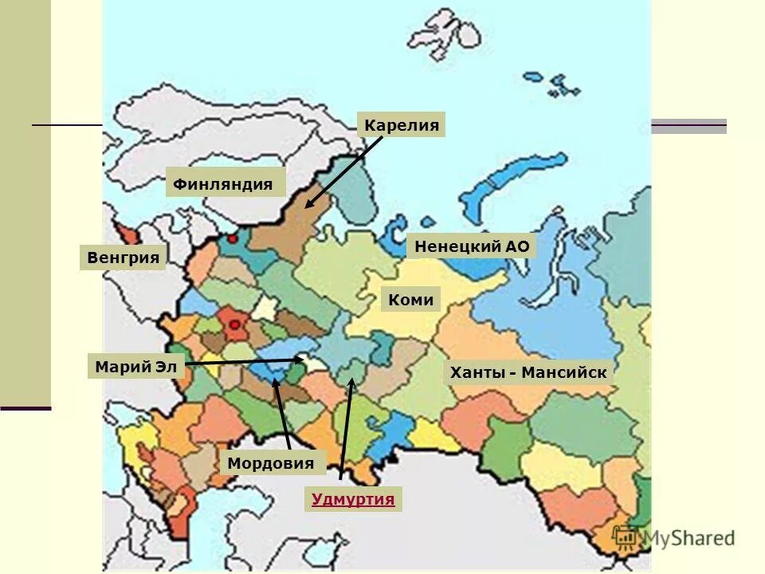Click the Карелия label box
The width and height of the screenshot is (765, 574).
[x=401, y=125]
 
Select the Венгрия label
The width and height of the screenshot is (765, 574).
[x=123, y=258]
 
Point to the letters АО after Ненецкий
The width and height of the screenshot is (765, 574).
[x=517, y=246]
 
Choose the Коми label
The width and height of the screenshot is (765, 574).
[x=411, y=300]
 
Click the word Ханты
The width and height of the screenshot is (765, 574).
[x=476, y=372]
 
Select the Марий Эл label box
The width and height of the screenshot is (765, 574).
[x=135, y=368]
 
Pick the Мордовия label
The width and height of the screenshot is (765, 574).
[x=271, y=463]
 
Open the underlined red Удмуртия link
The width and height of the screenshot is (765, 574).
[x=353, y=500]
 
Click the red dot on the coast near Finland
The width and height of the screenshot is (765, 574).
[x=232, y=238]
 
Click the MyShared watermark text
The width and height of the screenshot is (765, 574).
[x=689, y=538]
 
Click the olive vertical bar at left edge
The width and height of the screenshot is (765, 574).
[x=25, y=199]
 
